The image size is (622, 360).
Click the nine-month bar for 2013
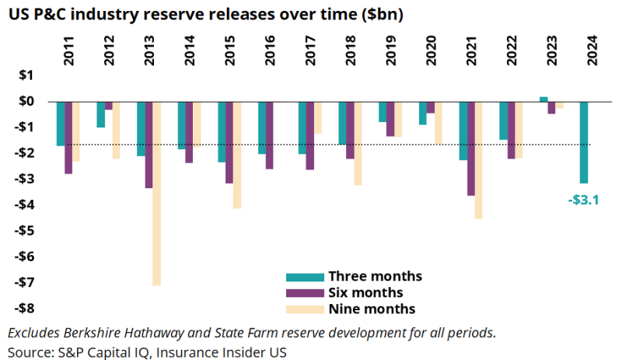(x=157, y=194)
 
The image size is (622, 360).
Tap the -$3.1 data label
(x=584, y=200)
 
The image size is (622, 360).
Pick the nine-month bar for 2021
(x=479, y=160)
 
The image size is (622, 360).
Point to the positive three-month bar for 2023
(x=543, y=99)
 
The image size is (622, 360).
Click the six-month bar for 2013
(x=149, y=145)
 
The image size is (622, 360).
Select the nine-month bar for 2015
(x=237, y=155)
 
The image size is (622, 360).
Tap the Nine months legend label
(x=372, y=309)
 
